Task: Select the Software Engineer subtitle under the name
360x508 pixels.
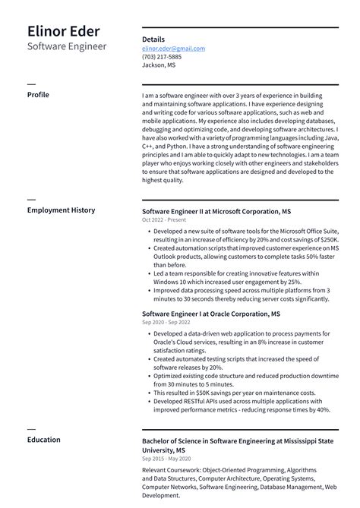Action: pyautogui.click(x=67, y=47)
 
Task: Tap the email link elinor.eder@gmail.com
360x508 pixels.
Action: pyautogui.click(x=173, y=49)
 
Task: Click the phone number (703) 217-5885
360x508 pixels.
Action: pyautogui.click(x=162, y=57)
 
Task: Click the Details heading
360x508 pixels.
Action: pyautogui.click(x=153, y=39)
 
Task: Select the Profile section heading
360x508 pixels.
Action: pyautogui.click(x=38, y=95)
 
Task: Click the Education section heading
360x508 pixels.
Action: pyautogui.click(x=44, y=439)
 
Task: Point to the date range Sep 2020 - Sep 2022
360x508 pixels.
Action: pyautogui.click(x=166, y=323)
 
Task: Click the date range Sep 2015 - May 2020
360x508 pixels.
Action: pyautogui.click(x=166, y=459)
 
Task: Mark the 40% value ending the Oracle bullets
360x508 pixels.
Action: pyautogui.click(x=324, y=410)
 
